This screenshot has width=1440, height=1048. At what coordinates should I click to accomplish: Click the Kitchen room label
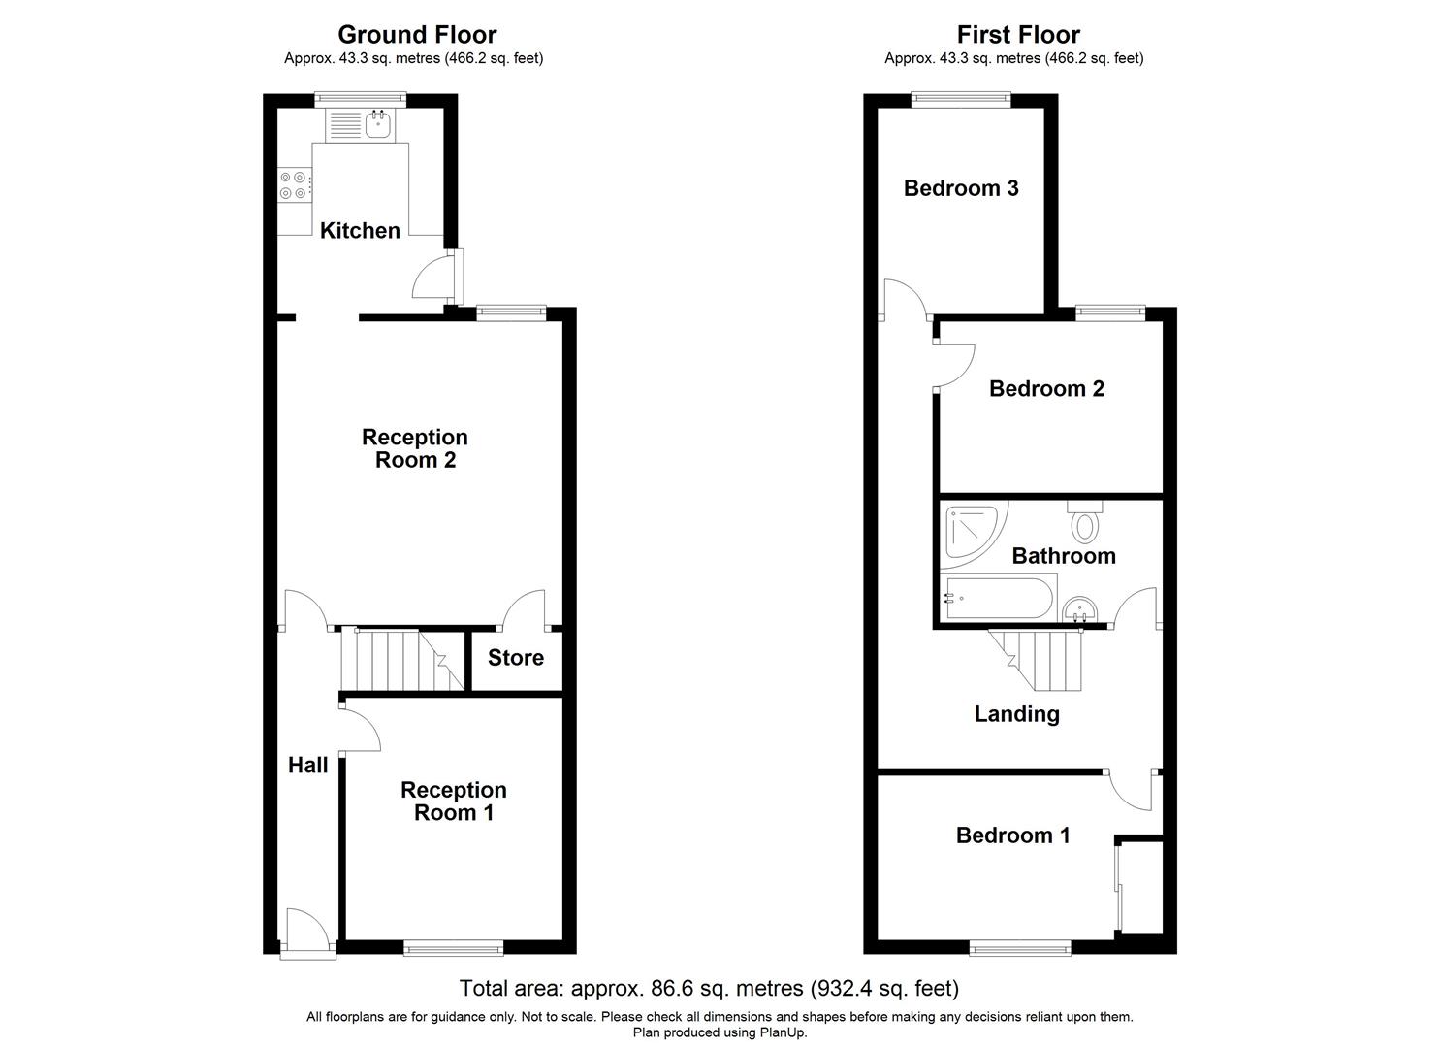coord(360,230)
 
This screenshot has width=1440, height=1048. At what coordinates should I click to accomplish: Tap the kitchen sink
coord(377,123)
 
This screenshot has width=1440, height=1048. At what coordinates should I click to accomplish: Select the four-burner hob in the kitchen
coord(295,185)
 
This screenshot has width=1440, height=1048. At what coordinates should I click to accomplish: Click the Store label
coord(515,658)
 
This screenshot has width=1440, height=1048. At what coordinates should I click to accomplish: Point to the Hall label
coord(307,766)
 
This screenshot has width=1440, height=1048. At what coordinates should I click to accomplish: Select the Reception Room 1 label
coord(453,801)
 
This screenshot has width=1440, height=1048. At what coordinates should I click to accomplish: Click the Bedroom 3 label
coord(960,188)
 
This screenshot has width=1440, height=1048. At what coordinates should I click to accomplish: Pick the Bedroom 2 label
coord(1046,389)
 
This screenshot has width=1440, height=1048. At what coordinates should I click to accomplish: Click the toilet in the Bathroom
coord(1084,522)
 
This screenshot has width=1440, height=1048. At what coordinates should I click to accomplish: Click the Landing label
coord(1016,714)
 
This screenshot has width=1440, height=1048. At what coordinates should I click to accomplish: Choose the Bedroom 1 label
coord(1012,835)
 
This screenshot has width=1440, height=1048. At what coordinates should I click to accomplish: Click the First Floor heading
coord(1017,35)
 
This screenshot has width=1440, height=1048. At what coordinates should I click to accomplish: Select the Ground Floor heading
coord(417,35)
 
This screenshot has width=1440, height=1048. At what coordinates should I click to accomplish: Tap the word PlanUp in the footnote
coord(784,1032)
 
